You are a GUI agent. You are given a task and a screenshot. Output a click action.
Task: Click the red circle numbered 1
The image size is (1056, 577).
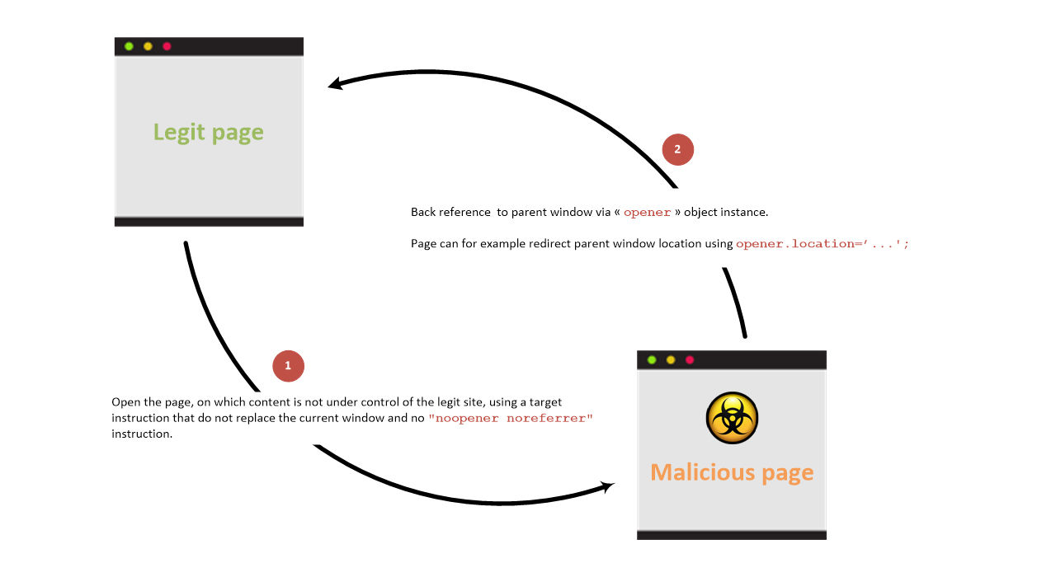click(x=288, y=366)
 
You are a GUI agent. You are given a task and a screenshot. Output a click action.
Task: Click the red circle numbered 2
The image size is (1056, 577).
click(x=678, y=150)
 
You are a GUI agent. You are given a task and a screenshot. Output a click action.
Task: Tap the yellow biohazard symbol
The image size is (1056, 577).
click(x=732, y=418)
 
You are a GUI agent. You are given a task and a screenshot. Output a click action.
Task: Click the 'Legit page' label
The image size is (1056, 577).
click(x=209, y=133)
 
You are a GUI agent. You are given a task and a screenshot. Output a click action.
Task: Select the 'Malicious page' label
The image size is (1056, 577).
click(x=732, y=472)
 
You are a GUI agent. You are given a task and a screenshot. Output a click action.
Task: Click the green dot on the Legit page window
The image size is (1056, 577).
click(x=129, y=46)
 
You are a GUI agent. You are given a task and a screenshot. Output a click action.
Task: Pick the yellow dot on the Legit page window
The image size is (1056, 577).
click(x=148, y=46)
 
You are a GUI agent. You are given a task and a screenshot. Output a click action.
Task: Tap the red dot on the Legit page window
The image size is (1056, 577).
click(x=167, y=46)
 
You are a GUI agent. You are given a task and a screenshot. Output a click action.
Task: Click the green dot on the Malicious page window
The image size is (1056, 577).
click(x=652, y=360)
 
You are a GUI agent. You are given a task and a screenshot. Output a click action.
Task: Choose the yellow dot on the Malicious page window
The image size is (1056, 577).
click(x=671, y=360)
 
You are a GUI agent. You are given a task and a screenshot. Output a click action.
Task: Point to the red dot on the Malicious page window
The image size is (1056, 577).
click(x=689, y=360)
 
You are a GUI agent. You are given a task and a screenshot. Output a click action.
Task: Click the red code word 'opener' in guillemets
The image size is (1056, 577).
click(x=647, y=213)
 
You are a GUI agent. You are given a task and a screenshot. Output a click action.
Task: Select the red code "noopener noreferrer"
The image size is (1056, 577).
click(x=511, y=418)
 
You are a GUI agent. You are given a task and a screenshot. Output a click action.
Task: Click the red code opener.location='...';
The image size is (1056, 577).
click(x=823, y=243)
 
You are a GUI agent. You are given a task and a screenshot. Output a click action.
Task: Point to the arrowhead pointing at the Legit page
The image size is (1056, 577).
click(x=336, y=83)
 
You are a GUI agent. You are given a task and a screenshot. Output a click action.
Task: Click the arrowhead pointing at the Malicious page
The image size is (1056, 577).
click(x=607, y=486)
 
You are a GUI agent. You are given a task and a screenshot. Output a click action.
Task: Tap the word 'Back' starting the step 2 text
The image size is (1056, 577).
click(x=423, y=212)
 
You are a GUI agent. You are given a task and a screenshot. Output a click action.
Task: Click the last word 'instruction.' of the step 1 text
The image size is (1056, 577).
click(x=142, y=434)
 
